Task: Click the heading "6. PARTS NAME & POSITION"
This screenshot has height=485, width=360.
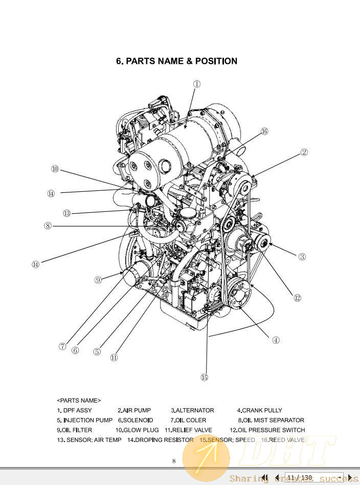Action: (x=176, y=61)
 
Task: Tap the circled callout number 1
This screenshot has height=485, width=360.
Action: (x=196, y=84)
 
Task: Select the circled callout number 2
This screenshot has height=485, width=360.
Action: (x=304, y=152)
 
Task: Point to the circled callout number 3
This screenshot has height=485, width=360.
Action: (x=302, y=257)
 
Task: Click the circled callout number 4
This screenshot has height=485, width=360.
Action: (x=276, y=340)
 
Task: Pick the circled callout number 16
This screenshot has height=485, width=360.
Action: (x=264, y=131)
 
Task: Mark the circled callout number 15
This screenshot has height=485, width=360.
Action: (x=205, y=378)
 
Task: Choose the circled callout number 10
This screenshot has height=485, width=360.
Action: (x=55, y=169)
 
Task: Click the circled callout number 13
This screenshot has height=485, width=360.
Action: (x=67, y=213)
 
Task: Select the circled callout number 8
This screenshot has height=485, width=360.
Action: (x=48, y=225)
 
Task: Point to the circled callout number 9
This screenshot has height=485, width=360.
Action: (x=98, y=280)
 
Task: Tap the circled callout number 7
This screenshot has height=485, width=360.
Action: (x=62, y=346)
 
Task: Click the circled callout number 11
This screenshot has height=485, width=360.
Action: (x=114, y=358)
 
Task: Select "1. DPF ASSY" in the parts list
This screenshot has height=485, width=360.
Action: (x=74, y=410)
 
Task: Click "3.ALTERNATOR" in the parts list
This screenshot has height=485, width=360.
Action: (x=192, y=410)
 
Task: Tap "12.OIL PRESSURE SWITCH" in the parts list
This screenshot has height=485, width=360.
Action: (x=267, y=430)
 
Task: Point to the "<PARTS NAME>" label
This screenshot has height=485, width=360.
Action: (x=79, y=400)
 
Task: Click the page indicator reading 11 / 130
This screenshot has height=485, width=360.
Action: (x=299, y=478)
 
